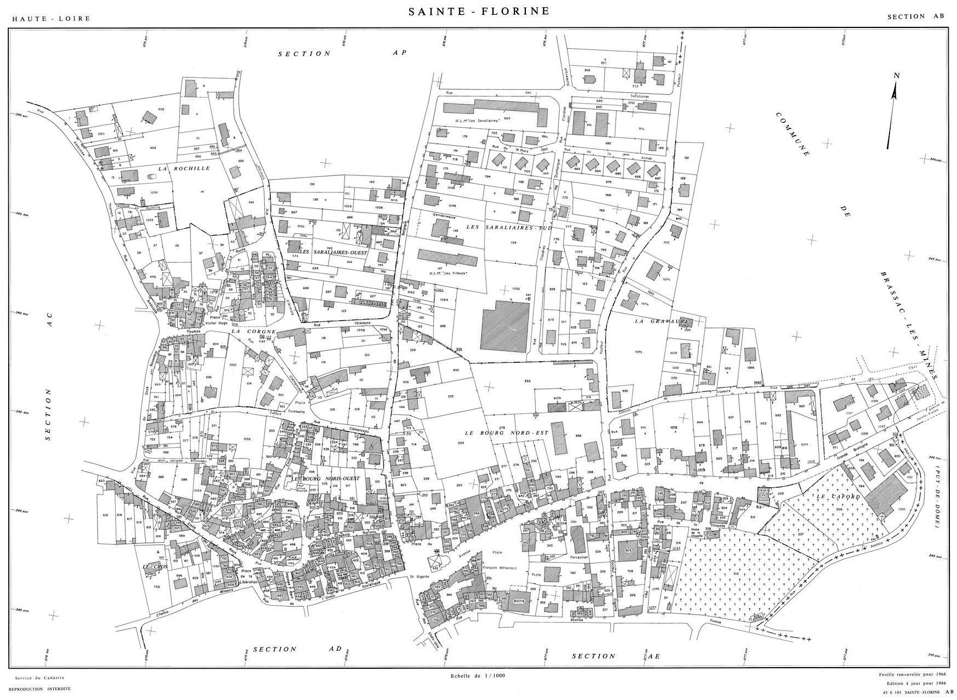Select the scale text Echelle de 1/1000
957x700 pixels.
click(475, 675)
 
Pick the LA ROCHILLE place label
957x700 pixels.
click(184, 169)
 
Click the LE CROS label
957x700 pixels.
click(154, 566)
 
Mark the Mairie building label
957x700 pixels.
click(518, 601)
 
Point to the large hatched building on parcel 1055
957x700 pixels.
click(505, 325)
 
